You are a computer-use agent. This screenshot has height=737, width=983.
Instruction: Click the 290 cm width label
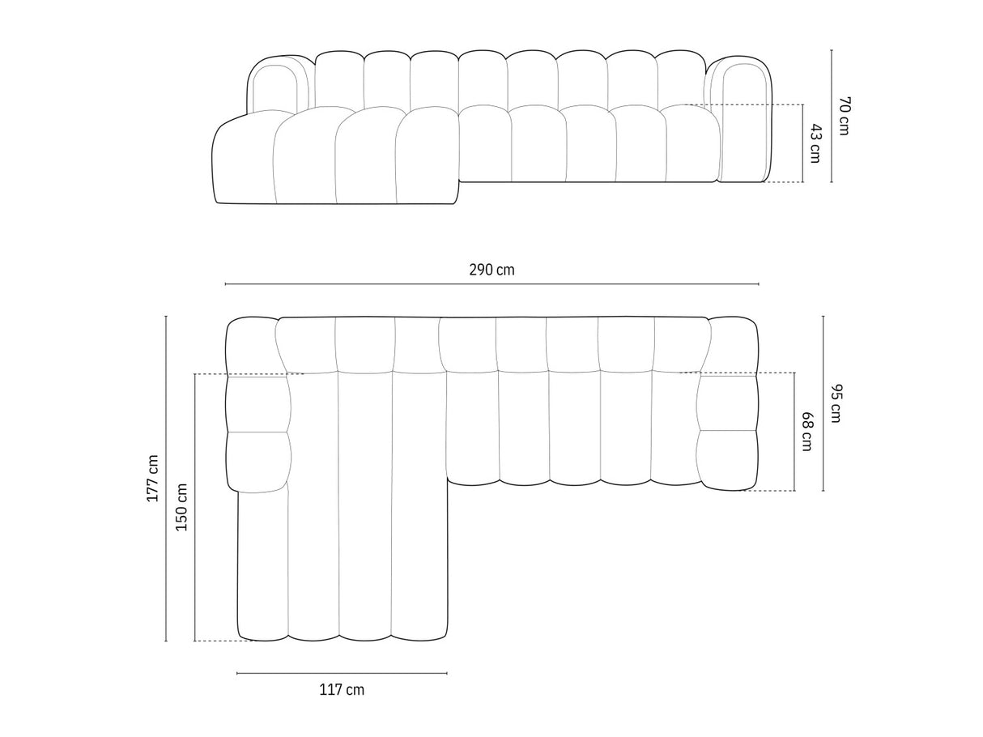coord(491,270)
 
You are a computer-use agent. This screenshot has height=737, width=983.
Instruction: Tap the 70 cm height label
coord(843,115)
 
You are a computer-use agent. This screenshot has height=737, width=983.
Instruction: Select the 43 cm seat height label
coord(815,143)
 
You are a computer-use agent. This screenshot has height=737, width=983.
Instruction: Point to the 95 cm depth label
coord(836,403)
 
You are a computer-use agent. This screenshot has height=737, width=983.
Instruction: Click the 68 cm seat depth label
coord(806,431)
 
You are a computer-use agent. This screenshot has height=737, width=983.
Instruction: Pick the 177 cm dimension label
coord(152,478)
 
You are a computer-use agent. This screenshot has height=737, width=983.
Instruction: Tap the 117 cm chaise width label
coord(342,690)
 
